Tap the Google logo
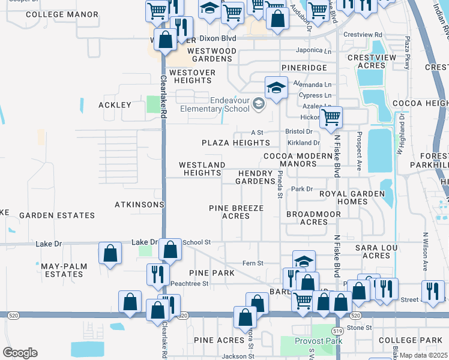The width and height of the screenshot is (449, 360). (20, 353)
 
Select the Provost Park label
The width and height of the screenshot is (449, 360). (318, 341)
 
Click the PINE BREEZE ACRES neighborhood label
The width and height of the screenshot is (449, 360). (236, 212)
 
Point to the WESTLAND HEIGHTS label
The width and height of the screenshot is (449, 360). (202, 169)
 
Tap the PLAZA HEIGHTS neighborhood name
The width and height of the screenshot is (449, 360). (236, 143)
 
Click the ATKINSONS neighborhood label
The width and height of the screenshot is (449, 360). (139, 205)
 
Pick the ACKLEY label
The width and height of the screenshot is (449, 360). (115, 105)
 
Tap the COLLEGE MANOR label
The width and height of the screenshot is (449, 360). (62, 14)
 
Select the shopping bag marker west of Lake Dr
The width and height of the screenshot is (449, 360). (110, 253)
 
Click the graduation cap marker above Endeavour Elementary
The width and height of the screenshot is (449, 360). (276, 88)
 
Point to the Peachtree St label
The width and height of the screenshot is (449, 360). (189, 283)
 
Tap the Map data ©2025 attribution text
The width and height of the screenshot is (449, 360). (424, 355)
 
